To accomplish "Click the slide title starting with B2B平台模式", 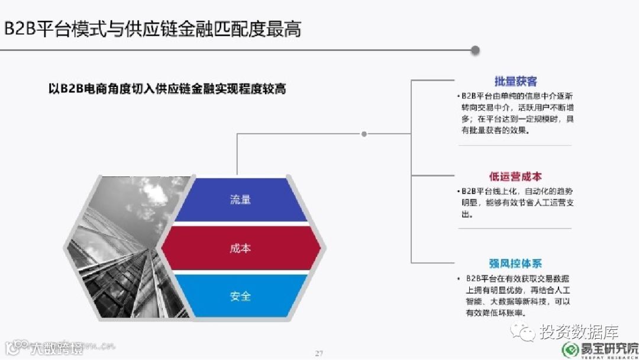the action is pyautogui.click(x=153, y=28).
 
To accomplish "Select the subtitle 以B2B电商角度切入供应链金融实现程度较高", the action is pyautogui.click(x=167, y=89).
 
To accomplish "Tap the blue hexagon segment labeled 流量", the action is pyautogui.click(x=240, y=200).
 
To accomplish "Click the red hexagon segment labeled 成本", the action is pyautogui.click(x=240, y=248).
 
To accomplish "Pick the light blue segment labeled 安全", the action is pyautogui.click(x=240, y=295).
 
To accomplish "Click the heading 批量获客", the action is pyautogui.click(x=515, y=82).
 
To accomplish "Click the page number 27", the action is pyautogui.click(x=319, y=353).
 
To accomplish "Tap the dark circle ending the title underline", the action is pyautogui.click(x=475, y=50).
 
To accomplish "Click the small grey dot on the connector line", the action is pyautogui.click(x=364, y=134).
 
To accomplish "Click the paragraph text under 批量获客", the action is pyautogui.click(x=515, y=113).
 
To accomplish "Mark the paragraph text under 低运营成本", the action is pyautogui.click(x=515, y=202).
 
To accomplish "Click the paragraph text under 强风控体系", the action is pyautogui.click(x=515, y=295).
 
